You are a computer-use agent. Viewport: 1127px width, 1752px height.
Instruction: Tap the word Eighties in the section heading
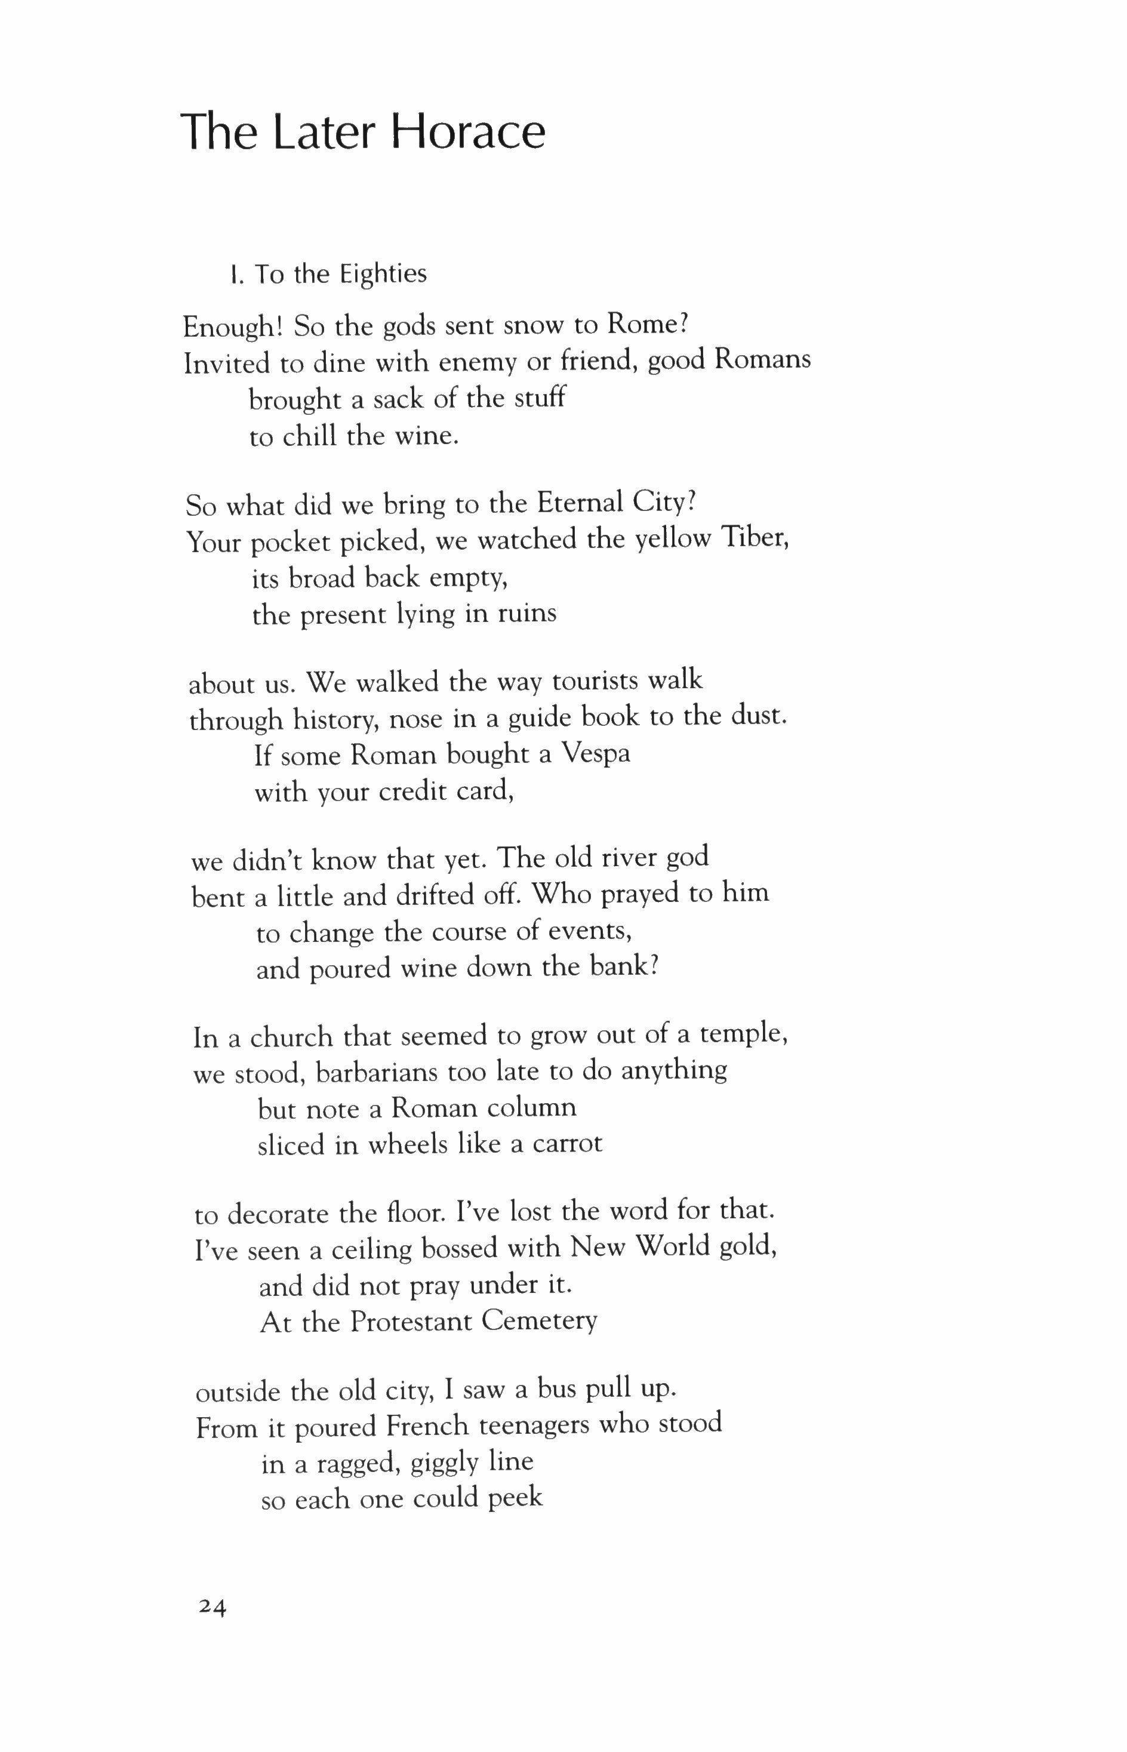[382, 275]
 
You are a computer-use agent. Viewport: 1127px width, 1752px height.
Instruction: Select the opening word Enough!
[233, 327]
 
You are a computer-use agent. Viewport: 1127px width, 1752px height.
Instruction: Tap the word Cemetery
[540, 1321]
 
